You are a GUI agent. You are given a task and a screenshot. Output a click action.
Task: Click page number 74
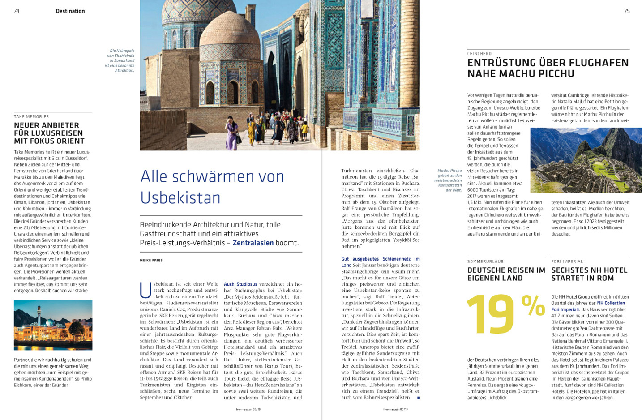(17, 11)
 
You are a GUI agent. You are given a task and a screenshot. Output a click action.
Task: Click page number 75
(627, 11)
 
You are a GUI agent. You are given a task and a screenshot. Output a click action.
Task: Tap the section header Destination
(70, 11)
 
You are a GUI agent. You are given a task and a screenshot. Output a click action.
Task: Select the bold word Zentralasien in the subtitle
(253, 243)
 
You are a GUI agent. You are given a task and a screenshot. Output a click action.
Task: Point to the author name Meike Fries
(151, 260)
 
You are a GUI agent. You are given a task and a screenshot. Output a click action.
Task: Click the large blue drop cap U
(146, 290)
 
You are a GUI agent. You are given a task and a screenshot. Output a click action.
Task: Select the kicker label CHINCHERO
(479, 54)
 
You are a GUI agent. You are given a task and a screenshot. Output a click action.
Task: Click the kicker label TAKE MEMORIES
(31, 117)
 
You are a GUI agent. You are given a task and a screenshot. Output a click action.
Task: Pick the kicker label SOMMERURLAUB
(485, 261)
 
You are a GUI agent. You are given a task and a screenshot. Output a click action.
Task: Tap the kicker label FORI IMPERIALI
(568, 261)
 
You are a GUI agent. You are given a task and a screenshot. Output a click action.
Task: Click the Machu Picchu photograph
(586, 160)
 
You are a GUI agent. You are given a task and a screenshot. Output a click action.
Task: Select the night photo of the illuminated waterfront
(53, 325)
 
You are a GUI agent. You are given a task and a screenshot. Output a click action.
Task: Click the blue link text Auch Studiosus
(240, 284)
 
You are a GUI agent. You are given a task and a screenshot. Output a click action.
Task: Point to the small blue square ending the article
(419, 397)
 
